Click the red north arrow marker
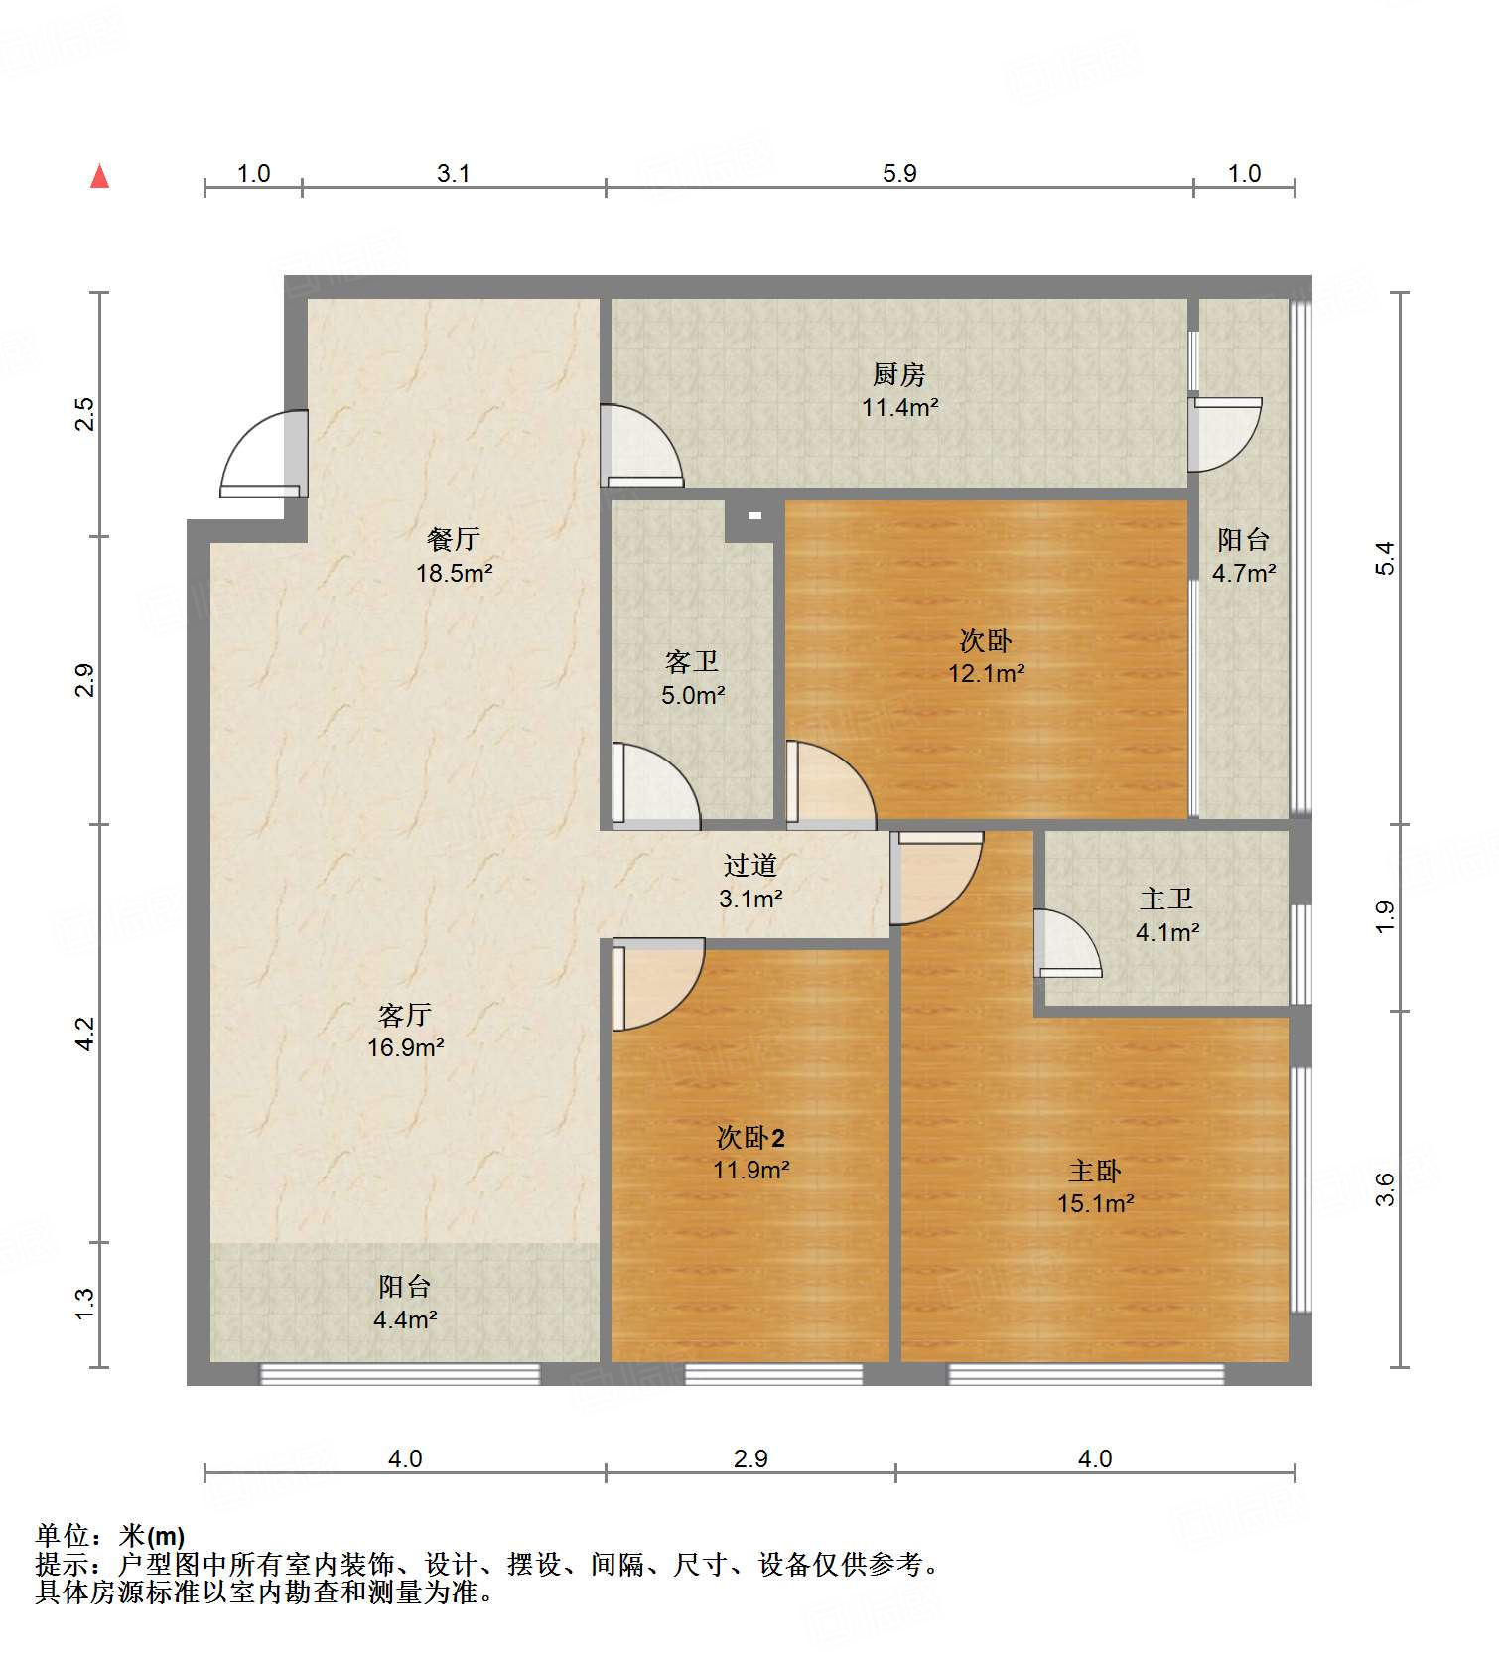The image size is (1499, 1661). pyautogui.click(x=99, y=177)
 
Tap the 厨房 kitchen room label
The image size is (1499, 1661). pyautogui.click(x=898, y=374)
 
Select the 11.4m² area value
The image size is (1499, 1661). pyautogui.click(x=899, y=407)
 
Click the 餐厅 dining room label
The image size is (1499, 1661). pyautogui.click(x=454, y=539)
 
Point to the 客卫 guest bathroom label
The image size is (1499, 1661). pyautogui.click(x=692, y=661)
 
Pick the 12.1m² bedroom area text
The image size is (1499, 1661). pyautogui.click(x=986, y=673)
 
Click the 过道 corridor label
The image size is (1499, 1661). pyautogui.click(x=749, y=865)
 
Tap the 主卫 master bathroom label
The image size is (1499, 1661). pyautogui.click(x=1166, y=899)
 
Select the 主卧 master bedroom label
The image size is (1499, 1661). pyautogui.click(x=1095, y=1171)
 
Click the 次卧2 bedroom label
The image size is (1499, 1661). pyautogui.click(x=750, y=1137)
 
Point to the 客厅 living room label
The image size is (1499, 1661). pyautogui.click(x=405, y=1015)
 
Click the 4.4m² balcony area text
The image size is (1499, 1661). pyautogui.click(x=405, y=1319)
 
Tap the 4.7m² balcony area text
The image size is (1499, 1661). pyautogui.click(x=1243, y=573)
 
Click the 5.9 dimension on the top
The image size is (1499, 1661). pyautogui.click(x=899, y=173)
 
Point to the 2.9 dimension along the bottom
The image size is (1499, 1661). pyautogui.click(x=750, y=1458)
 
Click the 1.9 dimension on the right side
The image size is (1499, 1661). pyautogui.click(x=1385, y=916)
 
